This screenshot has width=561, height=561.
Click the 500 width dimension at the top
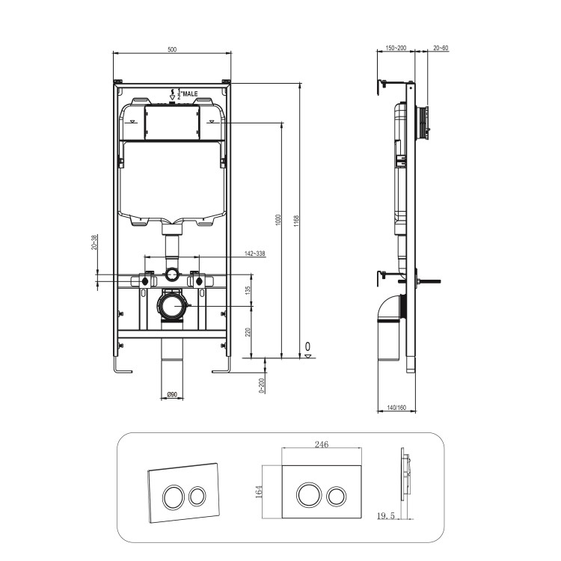click(172, 49)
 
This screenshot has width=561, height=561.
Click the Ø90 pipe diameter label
click(171, 395)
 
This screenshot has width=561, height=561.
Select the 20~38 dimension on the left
click(94, 243)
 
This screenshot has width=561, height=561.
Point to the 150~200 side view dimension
click(396, 49)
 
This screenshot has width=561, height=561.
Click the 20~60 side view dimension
click(441, 49)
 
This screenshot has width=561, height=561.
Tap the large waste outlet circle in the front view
click(173, 307)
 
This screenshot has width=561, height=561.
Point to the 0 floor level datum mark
click(307, 348)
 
